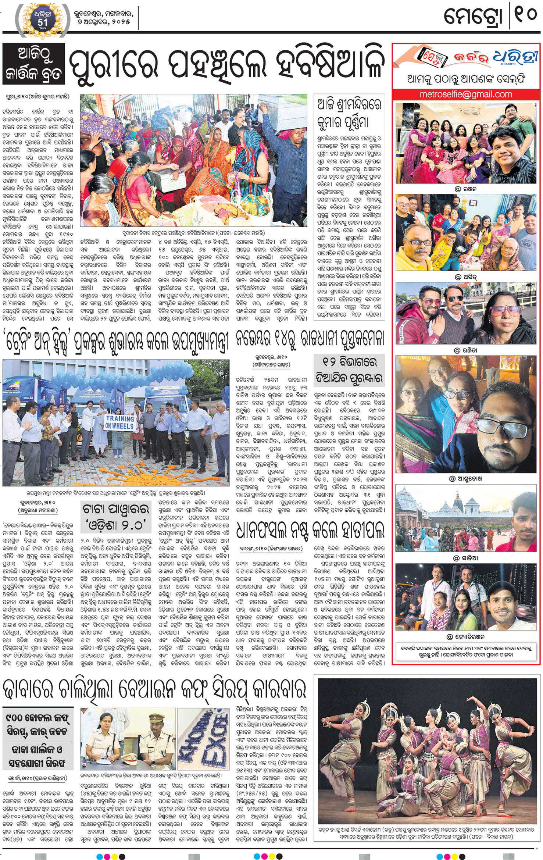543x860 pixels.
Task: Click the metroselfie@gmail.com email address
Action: coord(465,94)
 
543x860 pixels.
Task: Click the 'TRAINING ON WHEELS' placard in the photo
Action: coord(119,422)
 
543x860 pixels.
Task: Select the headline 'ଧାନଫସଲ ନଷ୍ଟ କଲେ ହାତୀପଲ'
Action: coord(310,530)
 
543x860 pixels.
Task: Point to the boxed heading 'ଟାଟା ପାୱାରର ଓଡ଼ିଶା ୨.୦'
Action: coord(116,517)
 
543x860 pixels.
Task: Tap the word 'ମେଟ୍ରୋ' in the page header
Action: coord(473,17)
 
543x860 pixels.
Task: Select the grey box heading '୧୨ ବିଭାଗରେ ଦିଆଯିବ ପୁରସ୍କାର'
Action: coord(349,370)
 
